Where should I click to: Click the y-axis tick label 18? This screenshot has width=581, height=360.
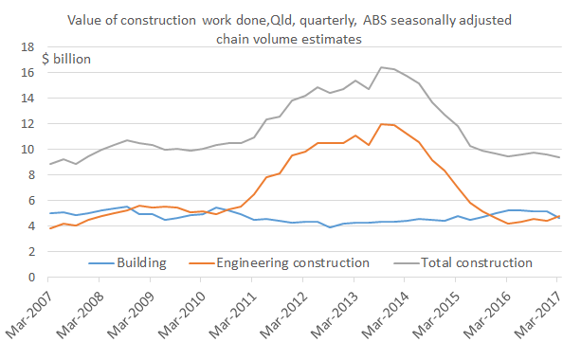[28, 46]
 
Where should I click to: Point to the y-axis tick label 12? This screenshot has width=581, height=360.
[28, 123]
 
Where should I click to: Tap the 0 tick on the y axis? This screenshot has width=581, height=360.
[31, 278]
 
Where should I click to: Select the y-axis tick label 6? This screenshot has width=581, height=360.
[31, 201]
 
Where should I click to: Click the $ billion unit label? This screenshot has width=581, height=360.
[66, 59]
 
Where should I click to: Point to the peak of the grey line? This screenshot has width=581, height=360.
[380, 67]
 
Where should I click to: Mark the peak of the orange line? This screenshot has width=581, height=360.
[380, 124]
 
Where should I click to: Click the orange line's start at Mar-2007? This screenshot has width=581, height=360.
[49, 228]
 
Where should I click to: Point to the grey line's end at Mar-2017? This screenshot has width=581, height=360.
[558, 157]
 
